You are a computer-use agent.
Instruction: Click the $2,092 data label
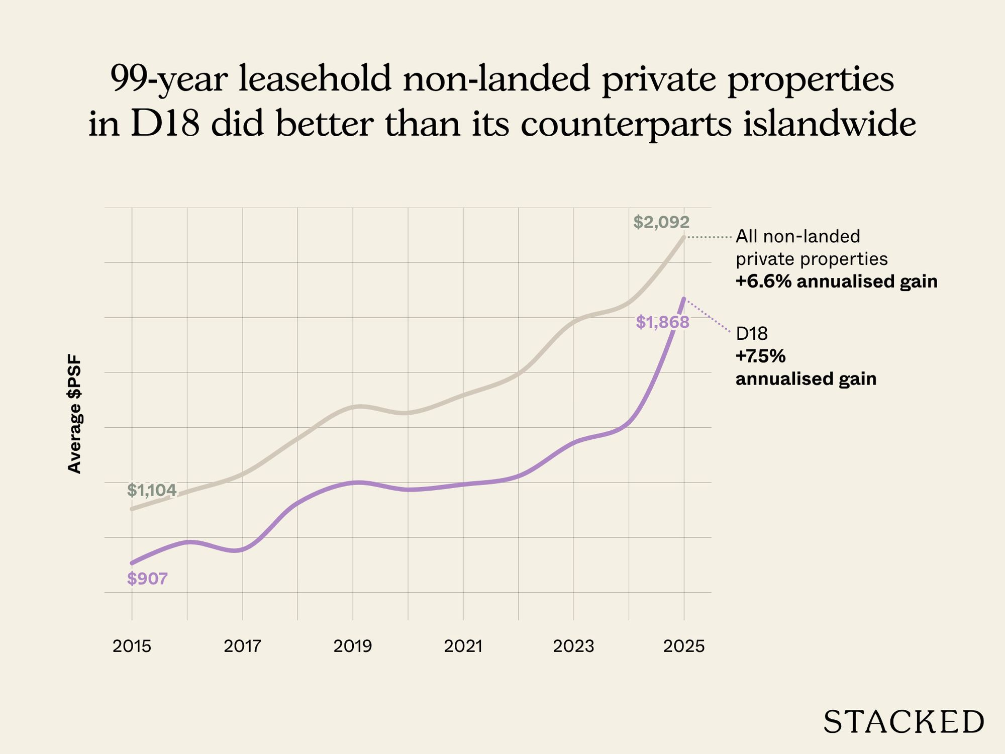pos(661,222)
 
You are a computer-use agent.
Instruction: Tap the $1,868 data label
pos(662,322)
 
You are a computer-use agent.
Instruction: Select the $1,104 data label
pos(152,490)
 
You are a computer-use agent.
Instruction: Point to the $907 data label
pos(147,579)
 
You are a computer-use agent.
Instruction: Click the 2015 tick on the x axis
pos(132,646)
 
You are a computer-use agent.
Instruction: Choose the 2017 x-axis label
pos(242,646)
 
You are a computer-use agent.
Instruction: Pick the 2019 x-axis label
pos(353,646)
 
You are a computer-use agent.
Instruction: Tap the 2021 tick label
pos(463,646)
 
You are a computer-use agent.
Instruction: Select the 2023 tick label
pos(573,646)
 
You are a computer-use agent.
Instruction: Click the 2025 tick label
pos(684,646)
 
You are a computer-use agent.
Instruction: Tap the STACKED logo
pos(903,722)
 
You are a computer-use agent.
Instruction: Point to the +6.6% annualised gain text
pos(836,281)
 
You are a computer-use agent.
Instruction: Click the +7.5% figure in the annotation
pos(760,356)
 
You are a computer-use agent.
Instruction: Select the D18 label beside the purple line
pos(752,334)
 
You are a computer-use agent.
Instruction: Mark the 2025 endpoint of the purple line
pos(684,299)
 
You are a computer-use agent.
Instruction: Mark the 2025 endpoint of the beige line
pos(683,237)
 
